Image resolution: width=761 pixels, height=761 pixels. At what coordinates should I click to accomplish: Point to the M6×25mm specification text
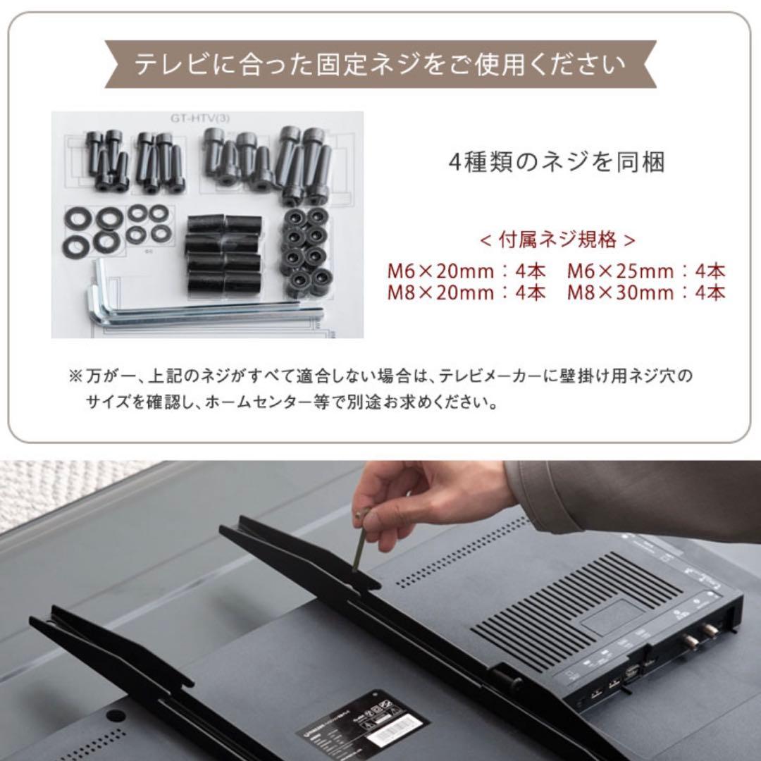(x=620, y=271)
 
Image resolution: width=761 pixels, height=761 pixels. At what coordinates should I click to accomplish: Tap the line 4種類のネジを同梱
(x=557, y=163)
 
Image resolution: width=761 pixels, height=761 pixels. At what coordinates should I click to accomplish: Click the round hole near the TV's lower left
(x=111, y=714)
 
